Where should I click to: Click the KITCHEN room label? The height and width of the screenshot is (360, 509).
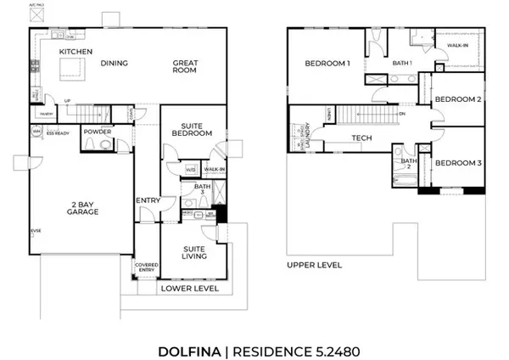[75, 52]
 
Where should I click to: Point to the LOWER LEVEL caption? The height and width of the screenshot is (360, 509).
[190, 289]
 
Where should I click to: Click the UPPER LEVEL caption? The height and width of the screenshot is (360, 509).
[315, 265]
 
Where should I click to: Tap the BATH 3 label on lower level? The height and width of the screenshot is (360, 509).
[201, 190]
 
